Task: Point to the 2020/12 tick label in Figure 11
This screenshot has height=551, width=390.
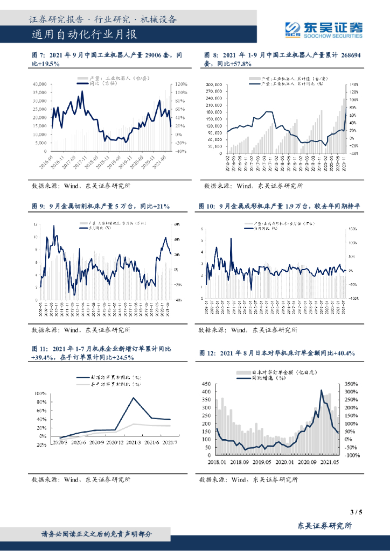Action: click(115, 442)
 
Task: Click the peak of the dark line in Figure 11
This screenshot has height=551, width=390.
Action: click(134, 398)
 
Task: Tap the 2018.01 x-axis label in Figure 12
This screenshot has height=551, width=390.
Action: click(220, 461)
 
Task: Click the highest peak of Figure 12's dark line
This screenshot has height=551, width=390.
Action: click(322, 391)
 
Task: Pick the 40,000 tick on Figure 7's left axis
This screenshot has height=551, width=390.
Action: click(39, 84)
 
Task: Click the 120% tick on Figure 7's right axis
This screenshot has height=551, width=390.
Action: click(180, 84)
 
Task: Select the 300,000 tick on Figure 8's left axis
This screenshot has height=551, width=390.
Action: click(214, 85)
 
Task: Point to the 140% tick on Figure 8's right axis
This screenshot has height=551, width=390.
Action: click(354, 85)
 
